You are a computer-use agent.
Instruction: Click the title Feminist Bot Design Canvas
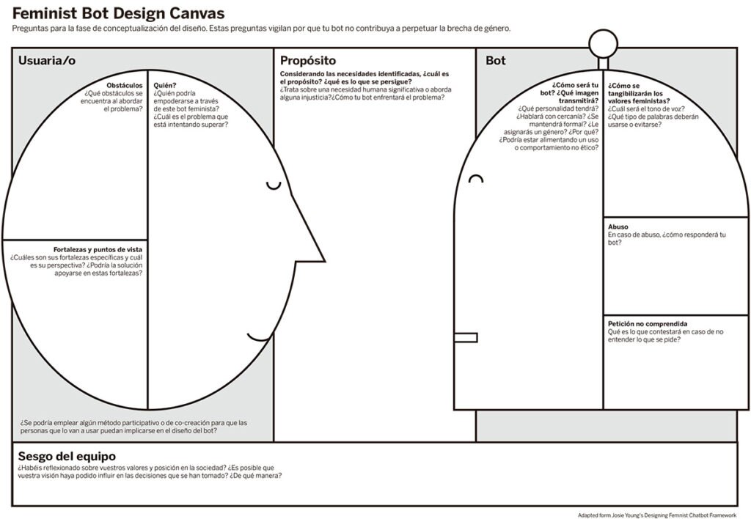[118, 13]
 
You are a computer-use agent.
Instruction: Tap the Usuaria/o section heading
[47, 60]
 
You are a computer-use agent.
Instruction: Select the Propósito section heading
[308, 61]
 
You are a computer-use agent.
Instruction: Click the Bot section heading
[496, 60]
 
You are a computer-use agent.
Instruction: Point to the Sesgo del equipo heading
[67, 456]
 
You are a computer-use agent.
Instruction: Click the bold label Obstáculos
[125, 85]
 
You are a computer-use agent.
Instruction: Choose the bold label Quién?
[165, 85]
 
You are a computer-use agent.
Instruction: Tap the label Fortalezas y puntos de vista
[98, 249]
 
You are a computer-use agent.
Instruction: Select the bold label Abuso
[618, 227]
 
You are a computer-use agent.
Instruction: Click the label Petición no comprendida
[648, 324]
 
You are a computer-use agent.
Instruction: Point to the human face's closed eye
[274, 185]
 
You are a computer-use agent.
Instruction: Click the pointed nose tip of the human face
[325, 262]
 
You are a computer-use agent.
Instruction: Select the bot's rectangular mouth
[466, 337]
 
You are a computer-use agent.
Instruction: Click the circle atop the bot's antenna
[603, 44]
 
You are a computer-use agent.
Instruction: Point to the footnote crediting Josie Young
[656, 515]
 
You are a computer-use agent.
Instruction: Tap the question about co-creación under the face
[133, 427]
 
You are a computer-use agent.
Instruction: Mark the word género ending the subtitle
[498, 29]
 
